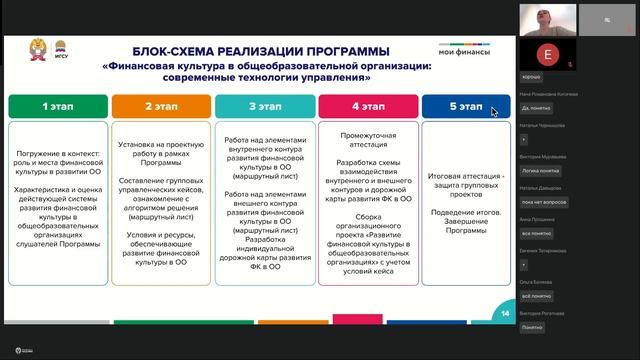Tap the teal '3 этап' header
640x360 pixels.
click(x=263, y=105)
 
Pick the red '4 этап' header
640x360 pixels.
click(x=367, y=105)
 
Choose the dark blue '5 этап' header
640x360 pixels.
click(x=466, y=105)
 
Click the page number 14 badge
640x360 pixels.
click(x=505, y=316)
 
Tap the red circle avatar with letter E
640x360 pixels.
click(x=545, y=52)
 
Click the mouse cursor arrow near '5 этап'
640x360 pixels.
click(x=494, y=112)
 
